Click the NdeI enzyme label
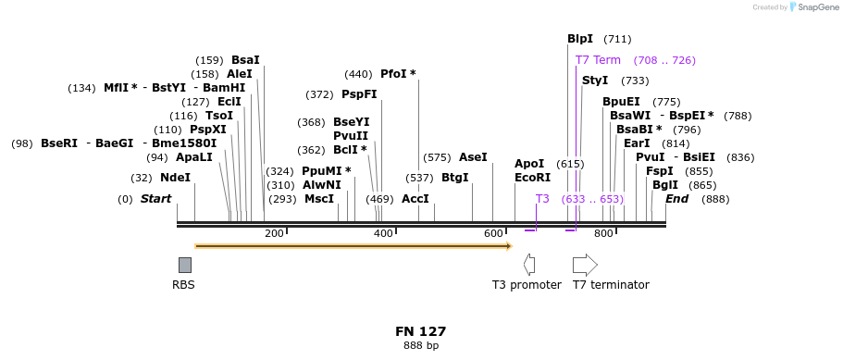tap(175, 178)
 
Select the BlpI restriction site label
tap(580, 39)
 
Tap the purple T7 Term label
tap(598, 60)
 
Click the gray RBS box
tap(185, 265)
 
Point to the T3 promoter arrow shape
tap(529, 265)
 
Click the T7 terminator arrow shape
tap(585, 265)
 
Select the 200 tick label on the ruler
tap(274, 233)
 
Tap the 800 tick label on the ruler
tap(603, 233)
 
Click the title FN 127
tap(421, 331)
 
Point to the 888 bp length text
tap(421, 346)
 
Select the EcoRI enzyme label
tap(532, 178)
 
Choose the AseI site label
tap(473, 157)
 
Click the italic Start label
tap(155, 199)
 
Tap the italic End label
tap(676, 199)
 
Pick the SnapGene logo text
tap(814, 7)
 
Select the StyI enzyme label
tap(595, 81)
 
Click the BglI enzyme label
tap(665, 185)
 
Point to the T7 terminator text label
tap(611, 285)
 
